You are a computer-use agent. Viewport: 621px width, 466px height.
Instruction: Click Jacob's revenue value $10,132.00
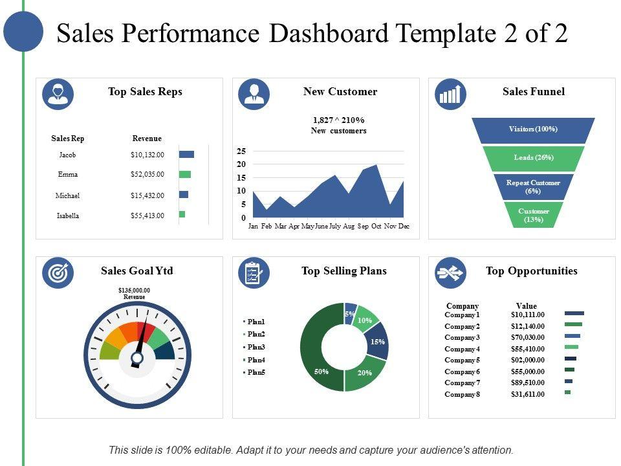[x=147, y=155]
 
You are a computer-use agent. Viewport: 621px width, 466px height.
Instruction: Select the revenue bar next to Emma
[x=185, y=174]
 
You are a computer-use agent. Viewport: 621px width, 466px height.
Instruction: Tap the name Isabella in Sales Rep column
[x=68, y=216]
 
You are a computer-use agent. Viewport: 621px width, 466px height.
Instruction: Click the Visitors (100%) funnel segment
[x=533, y=129]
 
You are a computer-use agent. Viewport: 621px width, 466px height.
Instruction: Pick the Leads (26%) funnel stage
[x=534, y=158]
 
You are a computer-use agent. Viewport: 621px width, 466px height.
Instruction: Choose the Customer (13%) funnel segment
[x=534, y=216]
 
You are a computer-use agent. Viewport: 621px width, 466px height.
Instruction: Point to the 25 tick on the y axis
[x=241, y=151]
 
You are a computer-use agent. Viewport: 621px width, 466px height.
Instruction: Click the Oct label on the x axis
[x=376, y=226]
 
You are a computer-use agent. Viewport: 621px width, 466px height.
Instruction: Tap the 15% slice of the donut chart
[x=378, y=341]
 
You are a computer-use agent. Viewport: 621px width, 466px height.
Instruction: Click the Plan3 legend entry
[x=256, y=348]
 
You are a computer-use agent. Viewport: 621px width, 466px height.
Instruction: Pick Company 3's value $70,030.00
[x=527, y=337]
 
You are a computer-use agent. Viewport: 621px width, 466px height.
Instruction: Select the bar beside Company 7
[x=569, y=381]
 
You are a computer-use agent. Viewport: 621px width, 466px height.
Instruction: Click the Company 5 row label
[x=462, y=360]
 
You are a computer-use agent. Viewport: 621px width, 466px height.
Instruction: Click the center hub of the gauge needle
[x=137, y=357]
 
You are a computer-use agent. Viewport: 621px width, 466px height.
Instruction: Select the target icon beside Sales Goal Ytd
[x=58, y=273]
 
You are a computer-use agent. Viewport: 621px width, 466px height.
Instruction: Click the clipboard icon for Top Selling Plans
[x=254, y=273]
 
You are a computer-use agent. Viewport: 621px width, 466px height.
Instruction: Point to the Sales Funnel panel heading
[x=533, y=92]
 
